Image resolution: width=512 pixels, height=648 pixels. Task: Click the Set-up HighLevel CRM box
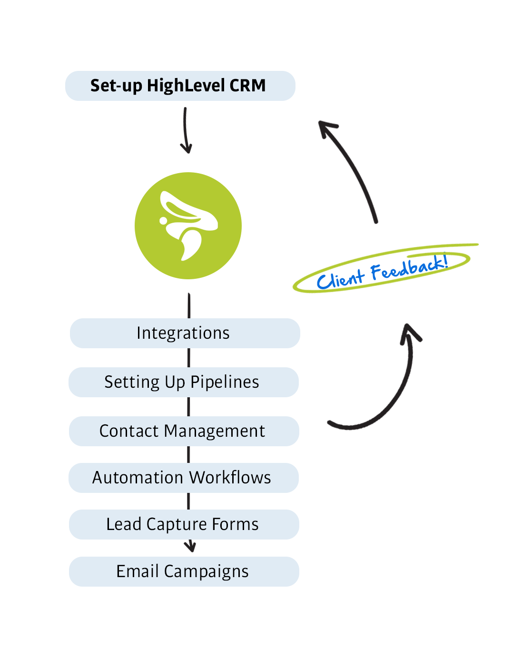[x=180, y=86]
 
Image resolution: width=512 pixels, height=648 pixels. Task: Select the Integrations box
[x=185, y=333]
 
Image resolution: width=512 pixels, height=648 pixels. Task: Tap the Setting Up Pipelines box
[x=183, y=382]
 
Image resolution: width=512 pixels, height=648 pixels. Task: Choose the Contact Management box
[x=184, y=431]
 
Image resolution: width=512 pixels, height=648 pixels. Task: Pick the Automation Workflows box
[x=183, y=478]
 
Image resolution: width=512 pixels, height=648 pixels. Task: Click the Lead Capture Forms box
[x=184, y=524]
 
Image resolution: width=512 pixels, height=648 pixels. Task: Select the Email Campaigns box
[x=184, y=571]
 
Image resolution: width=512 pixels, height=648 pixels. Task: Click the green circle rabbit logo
[x=188, y=226]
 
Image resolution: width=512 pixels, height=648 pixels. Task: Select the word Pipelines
[x=225, y=382]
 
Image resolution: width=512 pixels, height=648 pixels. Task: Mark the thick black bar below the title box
[x=186, y=130]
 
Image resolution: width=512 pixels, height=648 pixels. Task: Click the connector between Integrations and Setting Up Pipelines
[x=189, y=358]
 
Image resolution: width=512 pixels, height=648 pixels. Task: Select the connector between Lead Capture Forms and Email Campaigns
[x=190, y=547]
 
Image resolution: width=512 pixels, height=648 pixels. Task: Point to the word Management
[x=214, y=432]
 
